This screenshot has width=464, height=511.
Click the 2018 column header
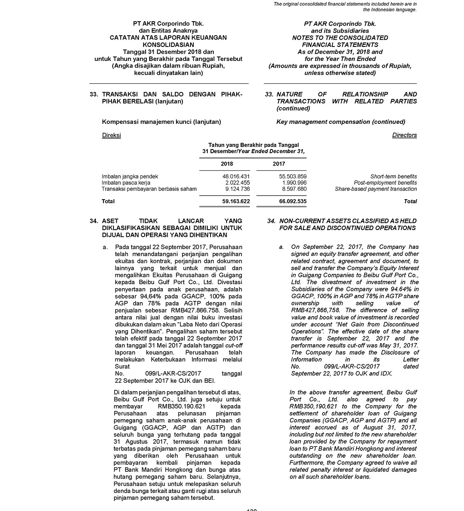(227, 164)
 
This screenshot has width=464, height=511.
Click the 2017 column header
(279, 164)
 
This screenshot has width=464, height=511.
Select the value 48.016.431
(236, 176)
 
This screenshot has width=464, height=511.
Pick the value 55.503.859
(293, 176)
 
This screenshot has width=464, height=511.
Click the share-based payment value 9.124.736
(238, 189)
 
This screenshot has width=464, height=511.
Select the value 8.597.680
(294, 189)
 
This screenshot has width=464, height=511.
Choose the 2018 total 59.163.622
(236, 201)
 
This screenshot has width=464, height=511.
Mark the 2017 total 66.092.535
(293, 201)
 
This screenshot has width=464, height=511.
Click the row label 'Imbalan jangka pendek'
(130, 176)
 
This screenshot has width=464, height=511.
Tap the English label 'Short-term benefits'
(393, 176)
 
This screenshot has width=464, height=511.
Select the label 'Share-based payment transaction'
(376, 189)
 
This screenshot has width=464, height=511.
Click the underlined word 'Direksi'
(111, 135)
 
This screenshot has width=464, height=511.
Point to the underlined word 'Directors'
(404, 135)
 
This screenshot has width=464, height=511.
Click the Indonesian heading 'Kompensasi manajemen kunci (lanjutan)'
(161, 122)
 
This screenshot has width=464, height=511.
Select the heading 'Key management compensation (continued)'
(340, 122)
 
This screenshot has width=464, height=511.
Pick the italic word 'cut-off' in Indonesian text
(234, 345)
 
